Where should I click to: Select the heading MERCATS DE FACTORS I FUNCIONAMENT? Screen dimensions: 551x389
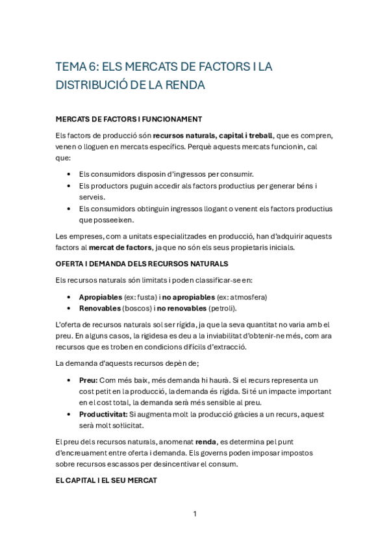(129, 119)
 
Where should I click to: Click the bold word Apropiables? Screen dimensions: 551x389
(100, 296)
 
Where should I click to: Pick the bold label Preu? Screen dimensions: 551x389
(88, 380)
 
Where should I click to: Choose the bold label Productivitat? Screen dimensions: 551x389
(103, 414)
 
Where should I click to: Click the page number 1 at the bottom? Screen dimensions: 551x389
(194, 514)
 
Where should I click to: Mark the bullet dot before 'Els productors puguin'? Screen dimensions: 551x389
(69, 186)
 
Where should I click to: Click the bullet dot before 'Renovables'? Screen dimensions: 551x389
(69, 308)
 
